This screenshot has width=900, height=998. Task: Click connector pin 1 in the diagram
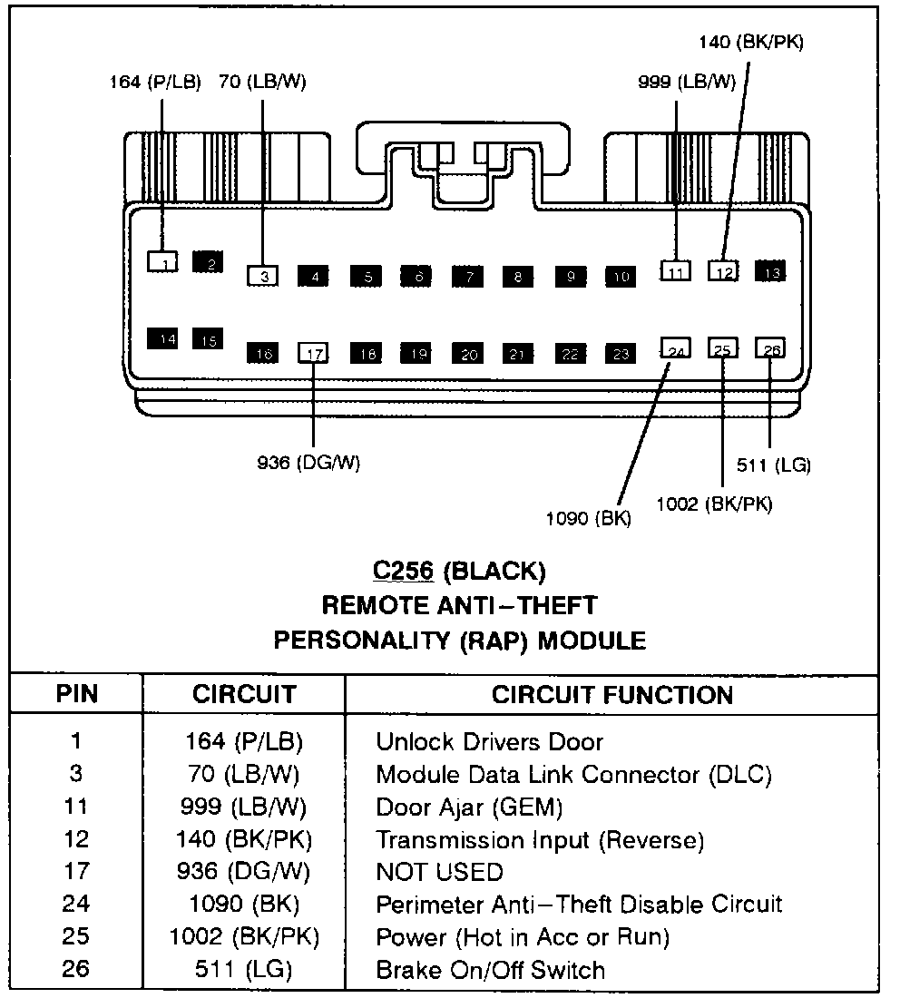tap(162, 261)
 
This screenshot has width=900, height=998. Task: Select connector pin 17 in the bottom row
tap(313, 353)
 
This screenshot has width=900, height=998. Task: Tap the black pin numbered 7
tap(468, 277)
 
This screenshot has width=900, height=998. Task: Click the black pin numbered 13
tap(771, 270)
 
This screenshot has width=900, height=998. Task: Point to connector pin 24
tap(675, 350)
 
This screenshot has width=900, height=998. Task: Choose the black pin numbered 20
tap(468, 354)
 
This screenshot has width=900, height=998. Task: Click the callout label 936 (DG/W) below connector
tap(308, 463)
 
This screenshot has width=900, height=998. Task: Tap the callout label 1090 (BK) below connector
tap(588, 519)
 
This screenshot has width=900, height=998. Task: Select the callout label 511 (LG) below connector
tap(773, 465)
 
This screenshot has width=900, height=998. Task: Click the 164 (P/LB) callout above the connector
tap(149, 82)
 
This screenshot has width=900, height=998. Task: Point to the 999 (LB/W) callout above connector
tap(686, 82)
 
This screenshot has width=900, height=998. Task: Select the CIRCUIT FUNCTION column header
tap(611, 695)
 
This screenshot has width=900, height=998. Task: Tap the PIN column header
tap(76, 695)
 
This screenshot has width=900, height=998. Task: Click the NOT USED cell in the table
tap(439, 872)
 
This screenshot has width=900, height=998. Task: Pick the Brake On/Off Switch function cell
tap(490, 969)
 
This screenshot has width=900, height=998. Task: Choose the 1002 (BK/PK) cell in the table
tap(244, 936)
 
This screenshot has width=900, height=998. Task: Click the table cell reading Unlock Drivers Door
tap(489, 741)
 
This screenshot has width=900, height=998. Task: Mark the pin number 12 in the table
tap(76, 839)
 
